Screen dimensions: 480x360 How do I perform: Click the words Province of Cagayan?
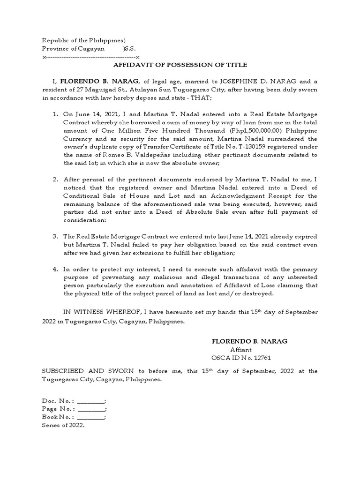[69, 49]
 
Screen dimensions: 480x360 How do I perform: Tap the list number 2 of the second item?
[55, 179]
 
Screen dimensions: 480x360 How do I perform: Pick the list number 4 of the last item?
[55, 269]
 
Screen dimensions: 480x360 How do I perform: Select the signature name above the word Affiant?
[243, 341]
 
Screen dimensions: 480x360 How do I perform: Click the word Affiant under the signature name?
[241, 350]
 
